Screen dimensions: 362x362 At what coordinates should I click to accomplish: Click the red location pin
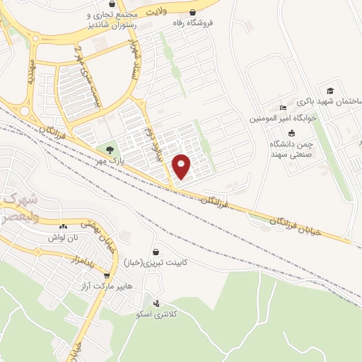182,165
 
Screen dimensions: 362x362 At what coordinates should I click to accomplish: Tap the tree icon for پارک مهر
109,149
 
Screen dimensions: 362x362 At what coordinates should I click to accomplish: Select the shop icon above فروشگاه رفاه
193,12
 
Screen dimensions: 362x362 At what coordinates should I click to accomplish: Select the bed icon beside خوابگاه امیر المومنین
284,107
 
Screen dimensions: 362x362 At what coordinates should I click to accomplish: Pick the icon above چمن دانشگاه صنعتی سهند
291,133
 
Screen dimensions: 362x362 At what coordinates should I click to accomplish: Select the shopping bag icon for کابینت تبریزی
156,251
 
